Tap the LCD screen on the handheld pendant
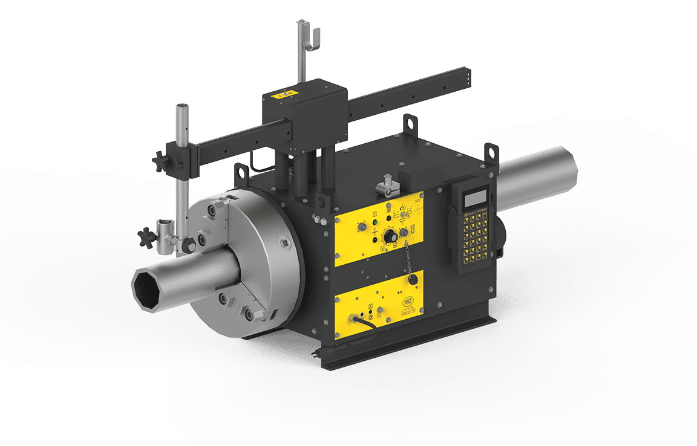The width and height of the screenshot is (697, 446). (473, 198)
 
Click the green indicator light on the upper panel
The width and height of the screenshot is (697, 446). (375, 222)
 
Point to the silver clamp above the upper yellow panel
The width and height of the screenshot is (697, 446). (385, 181)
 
